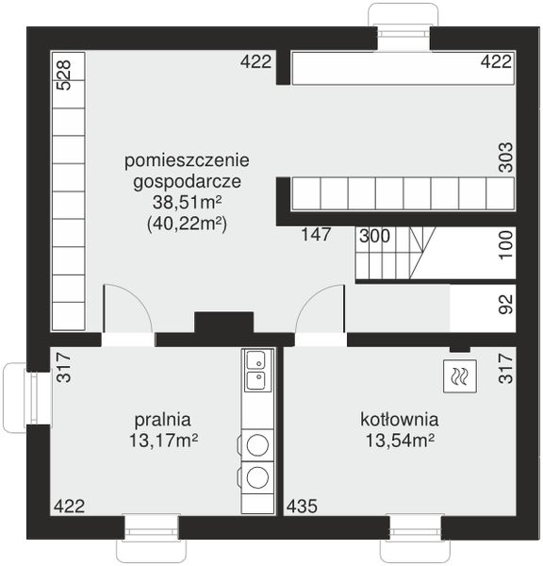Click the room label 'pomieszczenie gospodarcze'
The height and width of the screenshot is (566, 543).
coord(186,169)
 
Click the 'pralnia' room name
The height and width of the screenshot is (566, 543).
coord(163,418)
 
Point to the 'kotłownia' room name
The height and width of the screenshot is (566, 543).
coord(399,418)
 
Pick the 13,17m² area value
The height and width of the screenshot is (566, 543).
coord(163,440)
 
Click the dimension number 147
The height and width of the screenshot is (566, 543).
coord(316,235)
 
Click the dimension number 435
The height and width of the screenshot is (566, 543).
coord(302,506)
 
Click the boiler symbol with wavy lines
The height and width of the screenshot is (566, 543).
coord(459,375)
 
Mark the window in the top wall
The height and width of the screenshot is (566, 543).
coord(403,26)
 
